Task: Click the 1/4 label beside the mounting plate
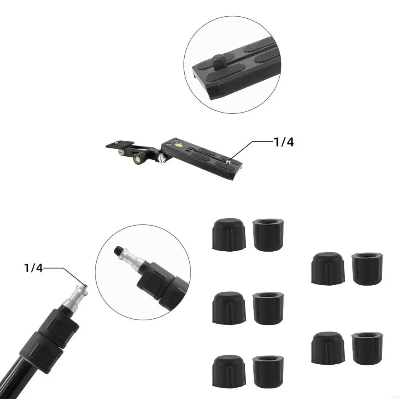pos(284,142)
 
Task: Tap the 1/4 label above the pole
pos(34,268)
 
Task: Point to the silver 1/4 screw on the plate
pos(228,161)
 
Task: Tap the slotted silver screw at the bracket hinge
pos(161,158)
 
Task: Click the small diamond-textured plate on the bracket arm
pos(120,144)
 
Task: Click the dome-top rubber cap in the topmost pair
pos(229,234)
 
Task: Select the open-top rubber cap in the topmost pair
pos(268,235)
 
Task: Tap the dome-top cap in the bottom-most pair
pos(229,371)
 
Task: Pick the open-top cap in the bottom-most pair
pos(268,372)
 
